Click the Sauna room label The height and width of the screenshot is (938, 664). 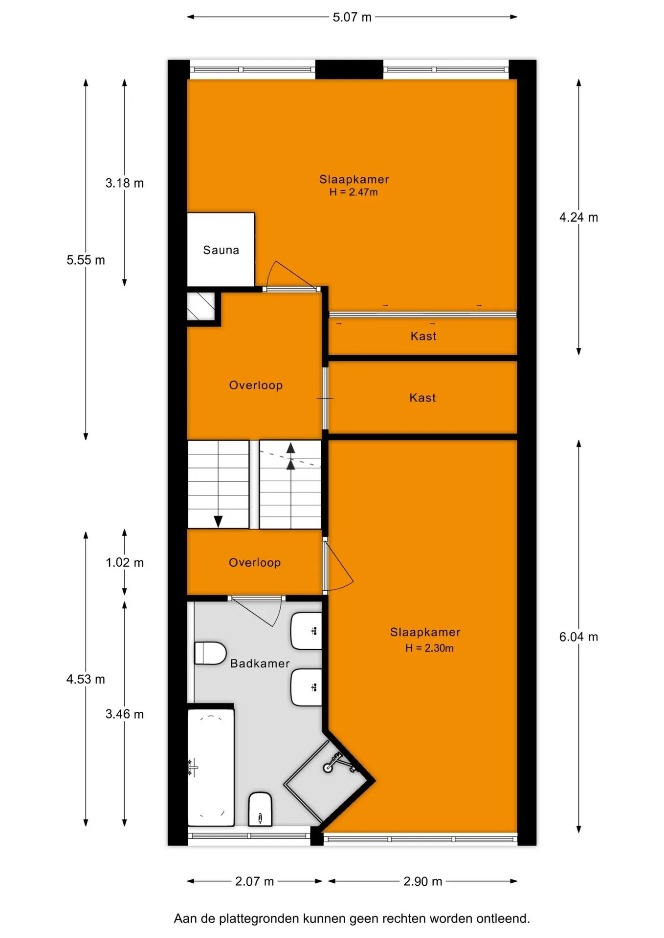221,250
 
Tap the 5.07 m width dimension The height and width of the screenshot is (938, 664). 352,17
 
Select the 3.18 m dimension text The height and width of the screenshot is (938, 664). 125,183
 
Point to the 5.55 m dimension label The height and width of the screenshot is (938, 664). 86,260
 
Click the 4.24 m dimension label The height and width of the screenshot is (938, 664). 578,217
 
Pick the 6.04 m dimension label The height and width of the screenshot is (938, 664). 578,637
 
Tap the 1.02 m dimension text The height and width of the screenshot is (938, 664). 125,562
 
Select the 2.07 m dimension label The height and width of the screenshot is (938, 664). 254,881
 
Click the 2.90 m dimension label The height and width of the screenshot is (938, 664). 423,881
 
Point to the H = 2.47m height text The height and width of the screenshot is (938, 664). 354,192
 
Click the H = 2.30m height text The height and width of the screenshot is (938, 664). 429,648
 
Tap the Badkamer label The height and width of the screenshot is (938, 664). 260,663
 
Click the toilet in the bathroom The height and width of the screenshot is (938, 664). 210,653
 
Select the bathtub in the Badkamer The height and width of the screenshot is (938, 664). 211,767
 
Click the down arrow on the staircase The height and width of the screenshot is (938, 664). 218,521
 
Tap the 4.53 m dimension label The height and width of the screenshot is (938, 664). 86,679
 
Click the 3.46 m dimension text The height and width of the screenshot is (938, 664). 125,714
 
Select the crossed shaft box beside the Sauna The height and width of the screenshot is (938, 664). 201,306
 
